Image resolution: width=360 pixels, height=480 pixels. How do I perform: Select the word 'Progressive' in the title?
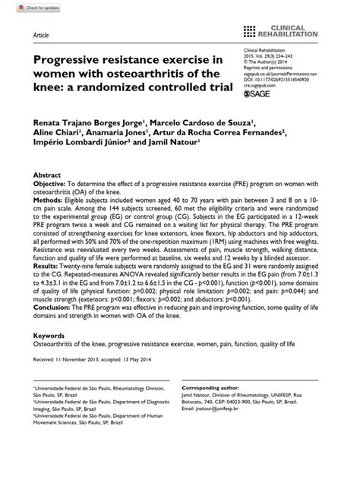72,59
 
